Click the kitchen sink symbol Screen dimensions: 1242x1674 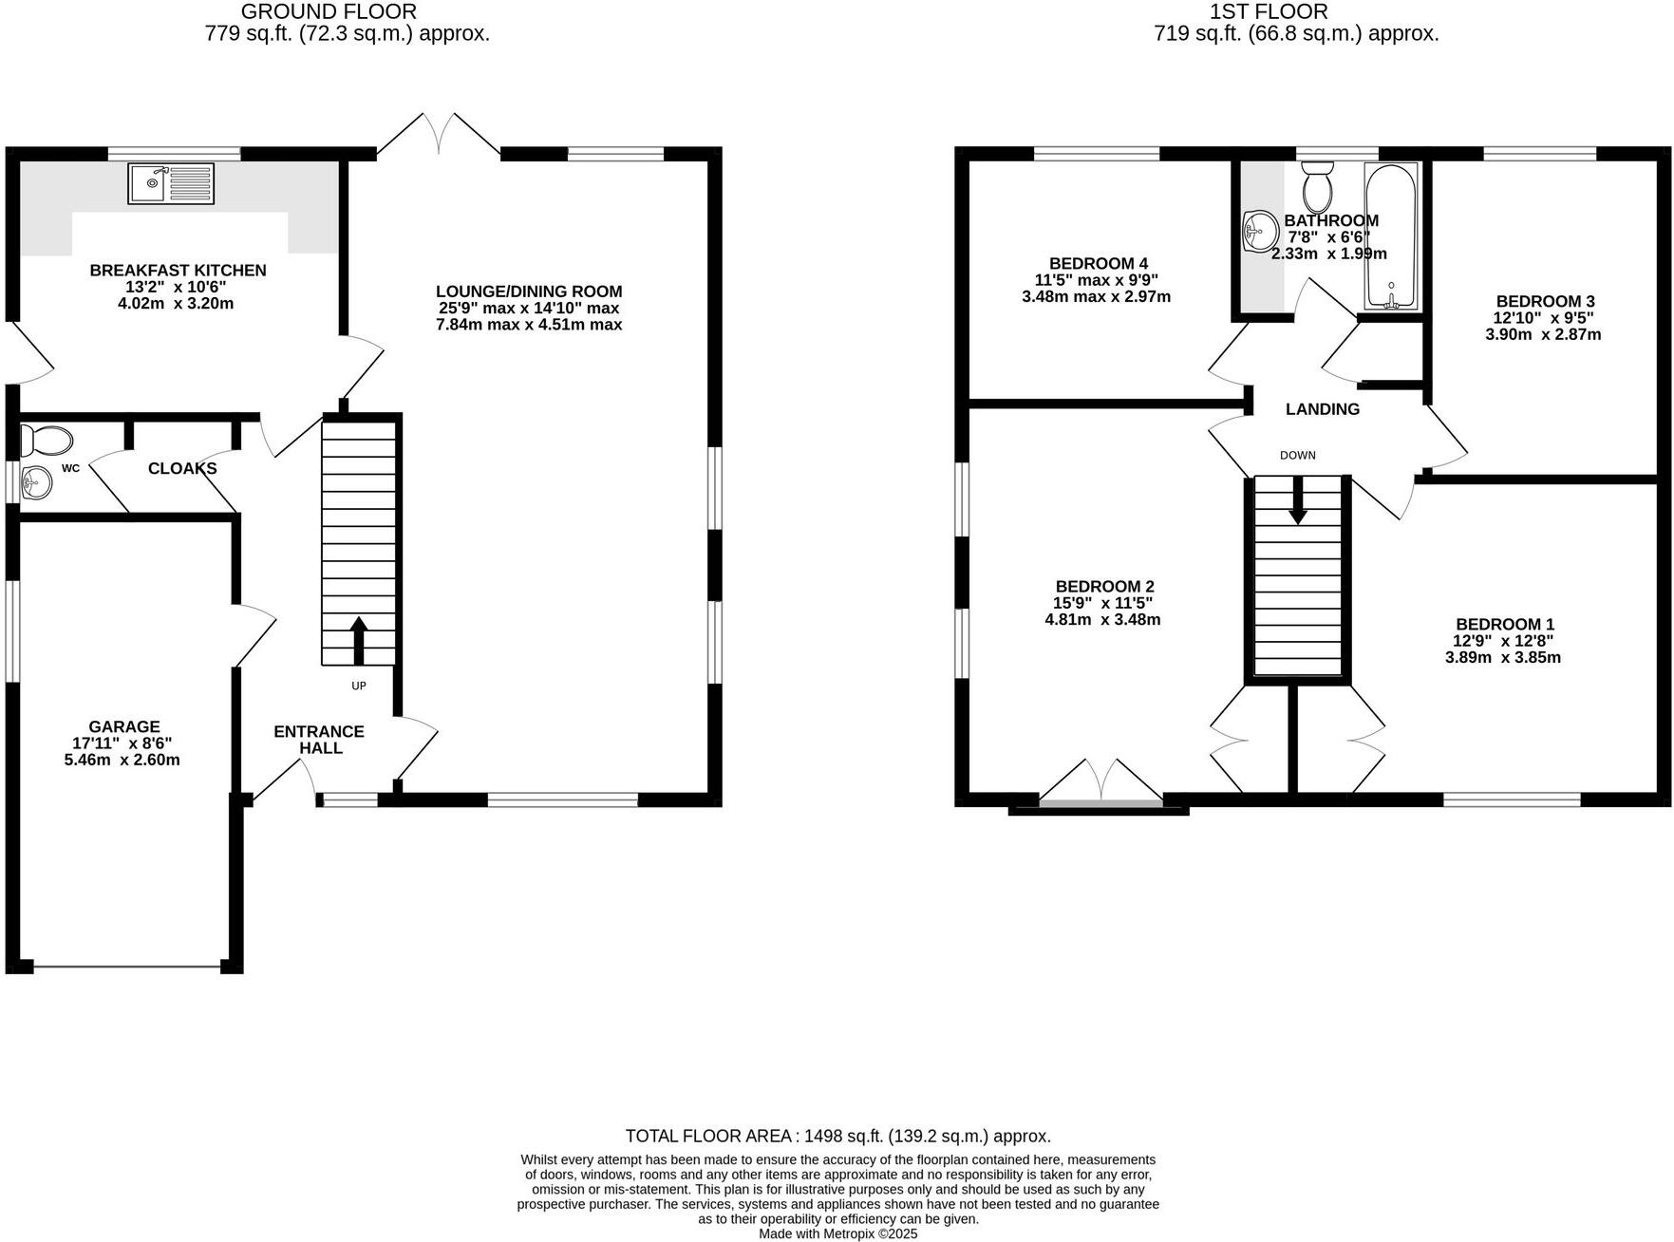pos(171,183)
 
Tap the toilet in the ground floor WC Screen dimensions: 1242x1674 pos(47,442)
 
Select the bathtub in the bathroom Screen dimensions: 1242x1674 pos(1391,235)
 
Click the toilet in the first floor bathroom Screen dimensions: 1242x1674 pos(1317,187)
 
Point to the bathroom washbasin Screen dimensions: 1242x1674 pos(1261,231)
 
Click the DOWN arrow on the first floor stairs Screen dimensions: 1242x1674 pos(1297,500)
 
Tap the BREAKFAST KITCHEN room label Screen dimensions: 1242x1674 pos(178,271)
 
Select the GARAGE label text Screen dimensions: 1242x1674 pos(123,727)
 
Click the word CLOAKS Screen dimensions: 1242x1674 pos(182,468)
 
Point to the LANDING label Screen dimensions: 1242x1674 pos(1322,409)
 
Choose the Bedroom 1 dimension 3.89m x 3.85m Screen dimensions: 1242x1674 pos(1503,657)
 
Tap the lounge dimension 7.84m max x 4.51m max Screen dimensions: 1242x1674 pos(529,325)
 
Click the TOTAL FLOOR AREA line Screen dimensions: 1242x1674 pos(837,1136)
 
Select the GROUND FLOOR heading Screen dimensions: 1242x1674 pos(329,12)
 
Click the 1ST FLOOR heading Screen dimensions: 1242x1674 pos(1268,12)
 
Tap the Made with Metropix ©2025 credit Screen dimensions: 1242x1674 pos(837,1233)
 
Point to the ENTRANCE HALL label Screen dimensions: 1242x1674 pos(319,739)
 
